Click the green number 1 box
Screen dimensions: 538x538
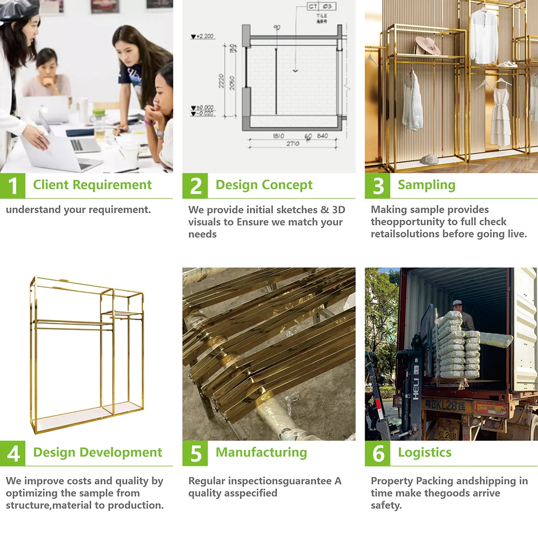(x=13, y=185)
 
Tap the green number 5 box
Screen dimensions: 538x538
(x=195, y=453)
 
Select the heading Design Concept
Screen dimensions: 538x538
(x=264, y=185)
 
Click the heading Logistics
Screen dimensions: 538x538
(x=425, y=452)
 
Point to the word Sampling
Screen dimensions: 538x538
(x=427, y=185)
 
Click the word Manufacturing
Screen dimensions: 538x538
(x=261, y=452)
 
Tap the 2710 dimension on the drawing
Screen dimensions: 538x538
(x=293, y=144)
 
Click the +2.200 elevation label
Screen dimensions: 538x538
(x=202, y=36)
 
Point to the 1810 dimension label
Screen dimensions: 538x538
(x=278, y=136)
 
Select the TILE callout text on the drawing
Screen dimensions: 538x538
(x=322, y=16)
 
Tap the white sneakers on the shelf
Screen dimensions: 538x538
(x=507, y=64)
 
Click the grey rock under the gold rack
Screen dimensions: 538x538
(x=429, y=159)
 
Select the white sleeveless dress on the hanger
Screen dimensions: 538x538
(x=501, y=115)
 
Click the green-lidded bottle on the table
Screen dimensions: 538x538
(x=99, y=124)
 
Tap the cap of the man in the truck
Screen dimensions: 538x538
(x=458, y=303)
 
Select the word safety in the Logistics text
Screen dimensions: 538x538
(x=386, y=505)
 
